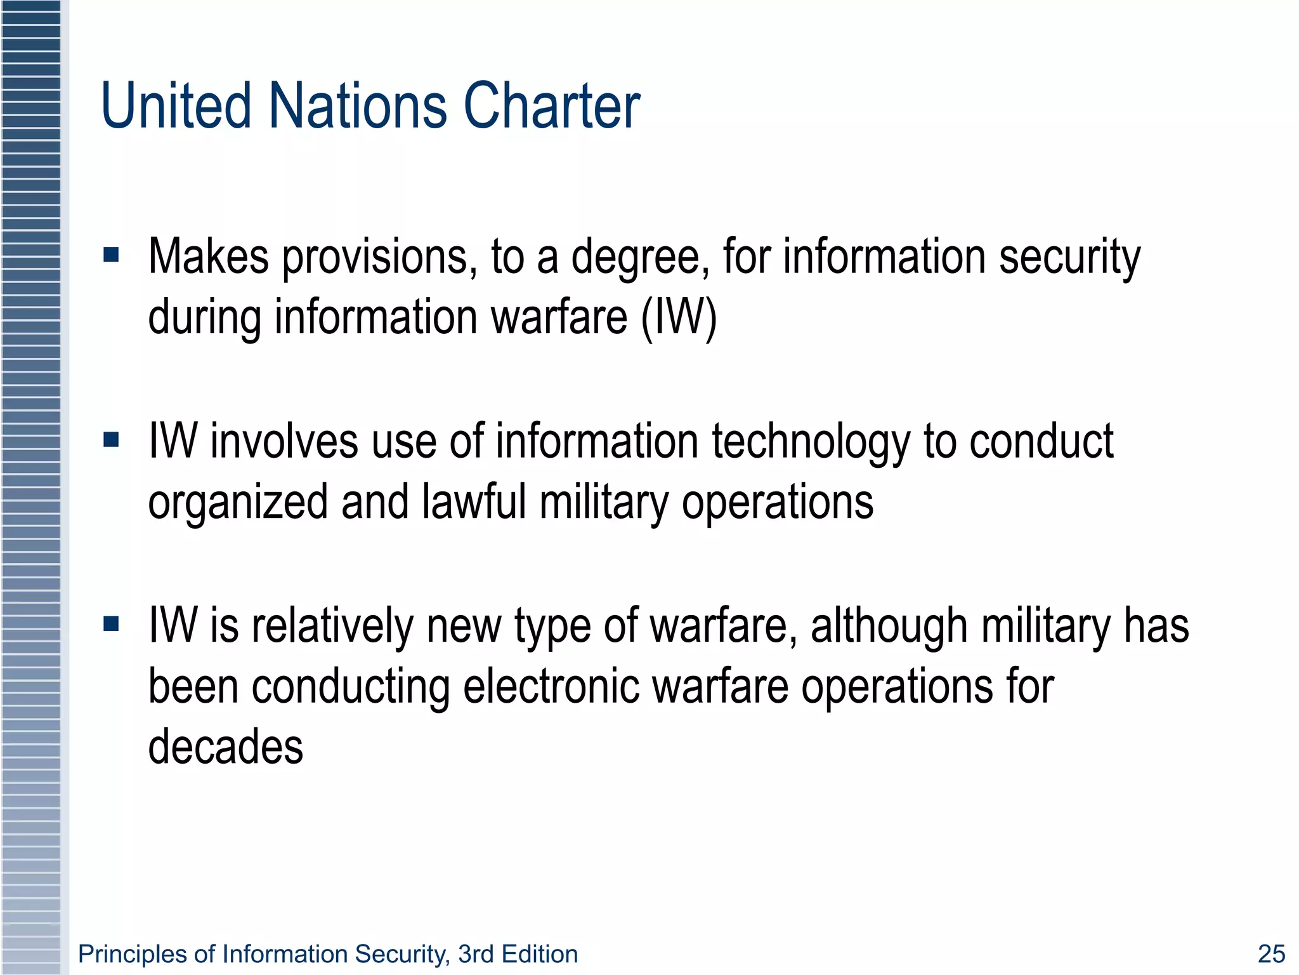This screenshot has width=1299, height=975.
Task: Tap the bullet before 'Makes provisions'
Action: (111, 255)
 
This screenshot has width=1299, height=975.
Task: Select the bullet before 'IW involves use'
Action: (111, 439)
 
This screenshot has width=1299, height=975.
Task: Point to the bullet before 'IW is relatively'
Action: (111, 624)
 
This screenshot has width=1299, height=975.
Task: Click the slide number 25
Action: (1271, 953)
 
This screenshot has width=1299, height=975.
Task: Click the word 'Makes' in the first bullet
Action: (209, 256)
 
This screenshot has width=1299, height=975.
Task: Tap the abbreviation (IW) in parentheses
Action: (679, 317)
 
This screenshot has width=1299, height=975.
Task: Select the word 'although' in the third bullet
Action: (889, 627)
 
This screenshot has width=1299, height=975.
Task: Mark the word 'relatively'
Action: (332, 627)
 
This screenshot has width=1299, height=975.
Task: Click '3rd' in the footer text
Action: (476, 954)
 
